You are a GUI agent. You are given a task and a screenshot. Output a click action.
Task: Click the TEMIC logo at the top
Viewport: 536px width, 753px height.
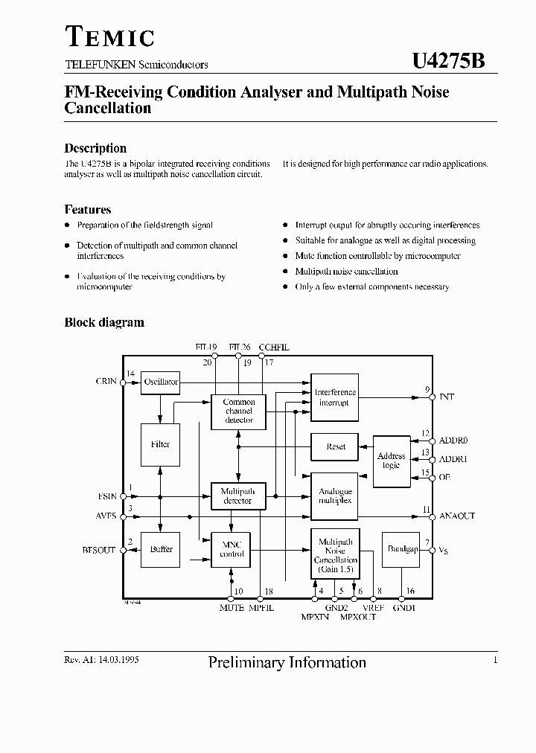[x=109, y=36]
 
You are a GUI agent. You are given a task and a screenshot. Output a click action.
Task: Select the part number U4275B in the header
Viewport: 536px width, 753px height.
[x=448, y=62]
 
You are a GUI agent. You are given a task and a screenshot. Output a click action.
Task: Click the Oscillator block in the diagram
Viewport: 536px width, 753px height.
[x=161, y=382]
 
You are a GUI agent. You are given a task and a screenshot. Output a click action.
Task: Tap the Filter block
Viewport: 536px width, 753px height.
[x=161, y=444]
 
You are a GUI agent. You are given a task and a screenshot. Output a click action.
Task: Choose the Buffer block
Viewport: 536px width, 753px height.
[x=161, y=549]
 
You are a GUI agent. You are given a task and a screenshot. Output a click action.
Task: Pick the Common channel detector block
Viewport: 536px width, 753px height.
[x=238, y=411]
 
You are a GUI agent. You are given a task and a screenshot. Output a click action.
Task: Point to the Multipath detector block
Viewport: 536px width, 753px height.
[x=238, y=496]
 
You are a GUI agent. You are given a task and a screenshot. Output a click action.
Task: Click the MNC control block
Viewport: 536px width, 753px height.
[x=232, y=549]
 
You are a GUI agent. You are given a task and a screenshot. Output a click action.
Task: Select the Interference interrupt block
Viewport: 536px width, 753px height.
[x=335, y=397]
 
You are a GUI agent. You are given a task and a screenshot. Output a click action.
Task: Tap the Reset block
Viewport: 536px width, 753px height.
[x=335, y=446]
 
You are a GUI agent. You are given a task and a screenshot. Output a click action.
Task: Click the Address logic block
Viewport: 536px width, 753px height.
[x=391, y=461]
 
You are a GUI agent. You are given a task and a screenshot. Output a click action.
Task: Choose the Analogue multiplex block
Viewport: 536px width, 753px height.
[x=335, y=496]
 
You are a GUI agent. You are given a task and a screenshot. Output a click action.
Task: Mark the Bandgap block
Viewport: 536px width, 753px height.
[x=401, y=549]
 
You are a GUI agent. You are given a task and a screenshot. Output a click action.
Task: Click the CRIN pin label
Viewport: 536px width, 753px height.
[x=106, y=382]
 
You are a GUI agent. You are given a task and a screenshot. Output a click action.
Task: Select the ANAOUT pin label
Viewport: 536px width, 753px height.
[x=457, y=516]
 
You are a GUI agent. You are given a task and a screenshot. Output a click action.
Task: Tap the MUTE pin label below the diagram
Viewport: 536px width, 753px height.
[x=232, y=608]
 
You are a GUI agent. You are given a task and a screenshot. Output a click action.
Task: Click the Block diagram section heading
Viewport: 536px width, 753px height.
[x=104, y=323]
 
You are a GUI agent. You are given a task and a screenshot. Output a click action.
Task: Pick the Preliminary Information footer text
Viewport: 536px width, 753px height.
[x=287, y=662]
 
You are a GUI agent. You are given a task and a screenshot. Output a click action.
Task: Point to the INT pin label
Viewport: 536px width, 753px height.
[x=447, y=397]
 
